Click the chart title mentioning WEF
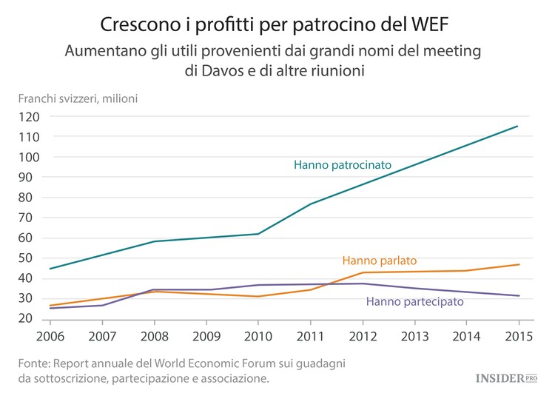pyautogui.click(x=277, y=24)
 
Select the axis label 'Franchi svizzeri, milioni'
pyautogui.click(x=78, y=98)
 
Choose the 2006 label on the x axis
pyautogui.click(x=50, y=335)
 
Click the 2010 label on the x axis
pyautogui.click(x=258, y=335)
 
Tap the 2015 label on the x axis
pyautogui.click(x=518, y=335)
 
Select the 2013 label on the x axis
pyautogui.click(x=414, y=335)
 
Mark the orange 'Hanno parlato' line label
pyautogui.click(x=379, y=261)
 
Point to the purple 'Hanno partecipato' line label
pyautogui.click(x=414, y=301)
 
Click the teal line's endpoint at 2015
pyautogui.click(x=518, y=127)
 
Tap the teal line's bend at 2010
pyautogui.click(x=258, y=234)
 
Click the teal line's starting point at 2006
pyautogui.click(x=50, y=269)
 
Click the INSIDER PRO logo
pyautogui.click(x=505, y=377)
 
